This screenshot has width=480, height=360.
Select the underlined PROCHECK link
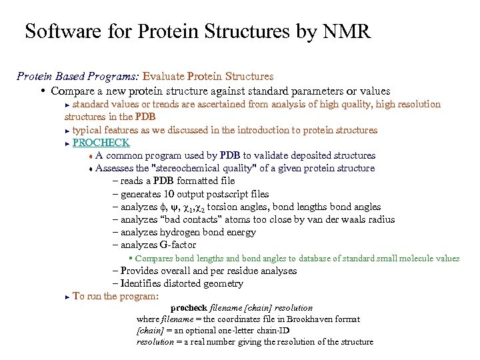pos(101,143)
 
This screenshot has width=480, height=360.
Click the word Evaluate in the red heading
pos(164,77)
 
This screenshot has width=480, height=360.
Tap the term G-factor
pos(178,245)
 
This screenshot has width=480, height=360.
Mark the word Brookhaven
pos(315,319)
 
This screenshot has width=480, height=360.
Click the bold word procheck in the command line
pos(189,307)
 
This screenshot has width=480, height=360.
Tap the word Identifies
pos(142,284)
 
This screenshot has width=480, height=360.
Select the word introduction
pos(246,130)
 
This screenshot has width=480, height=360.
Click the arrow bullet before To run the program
pos(67,297)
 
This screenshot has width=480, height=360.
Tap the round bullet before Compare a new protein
pos(42,91)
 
